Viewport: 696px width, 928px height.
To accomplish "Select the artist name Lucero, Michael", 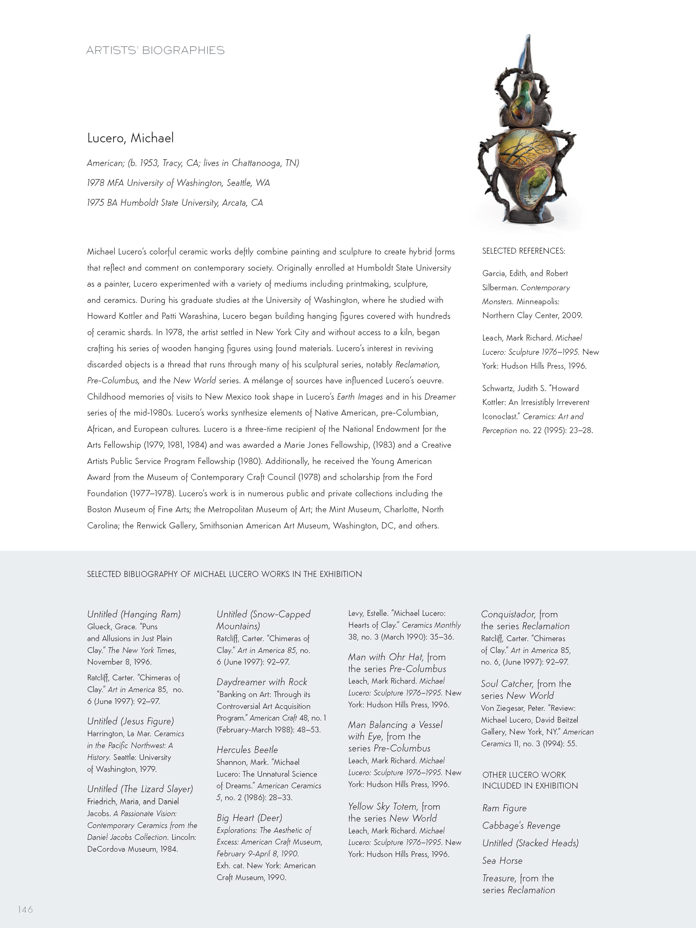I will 130,138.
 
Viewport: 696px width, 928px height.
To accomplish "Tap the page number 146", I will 25,909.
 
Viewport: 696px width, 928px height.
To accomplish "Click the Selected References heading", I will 523,251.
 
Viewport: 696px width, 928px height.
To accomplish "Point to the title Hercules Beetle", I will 247,750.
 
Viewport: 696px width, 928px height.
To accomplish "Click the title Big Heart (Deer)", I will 249,818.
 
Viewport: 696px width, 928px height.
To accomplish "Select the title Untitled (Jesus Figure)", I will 130,721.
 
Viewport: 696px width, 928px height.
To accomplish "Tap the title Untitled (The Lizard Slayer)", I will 140,789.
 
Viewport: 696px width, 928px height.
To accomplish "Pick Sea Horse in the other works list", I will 502,860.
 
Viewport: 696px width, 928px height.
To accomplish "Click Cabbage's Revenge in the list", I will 521,826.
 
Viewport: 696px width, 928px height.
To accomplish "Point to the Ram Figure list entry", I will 504,808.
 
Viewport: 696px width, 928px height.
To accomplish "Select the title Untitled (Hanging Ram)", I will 134,614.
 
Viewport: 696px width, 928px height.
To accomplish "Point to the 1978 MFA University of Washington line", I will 178,183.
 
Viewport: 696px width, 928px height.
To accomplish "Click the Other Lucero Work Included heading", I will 530,780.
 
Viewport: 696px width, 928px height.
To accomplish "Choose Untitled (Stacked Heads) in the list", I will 530,843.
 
